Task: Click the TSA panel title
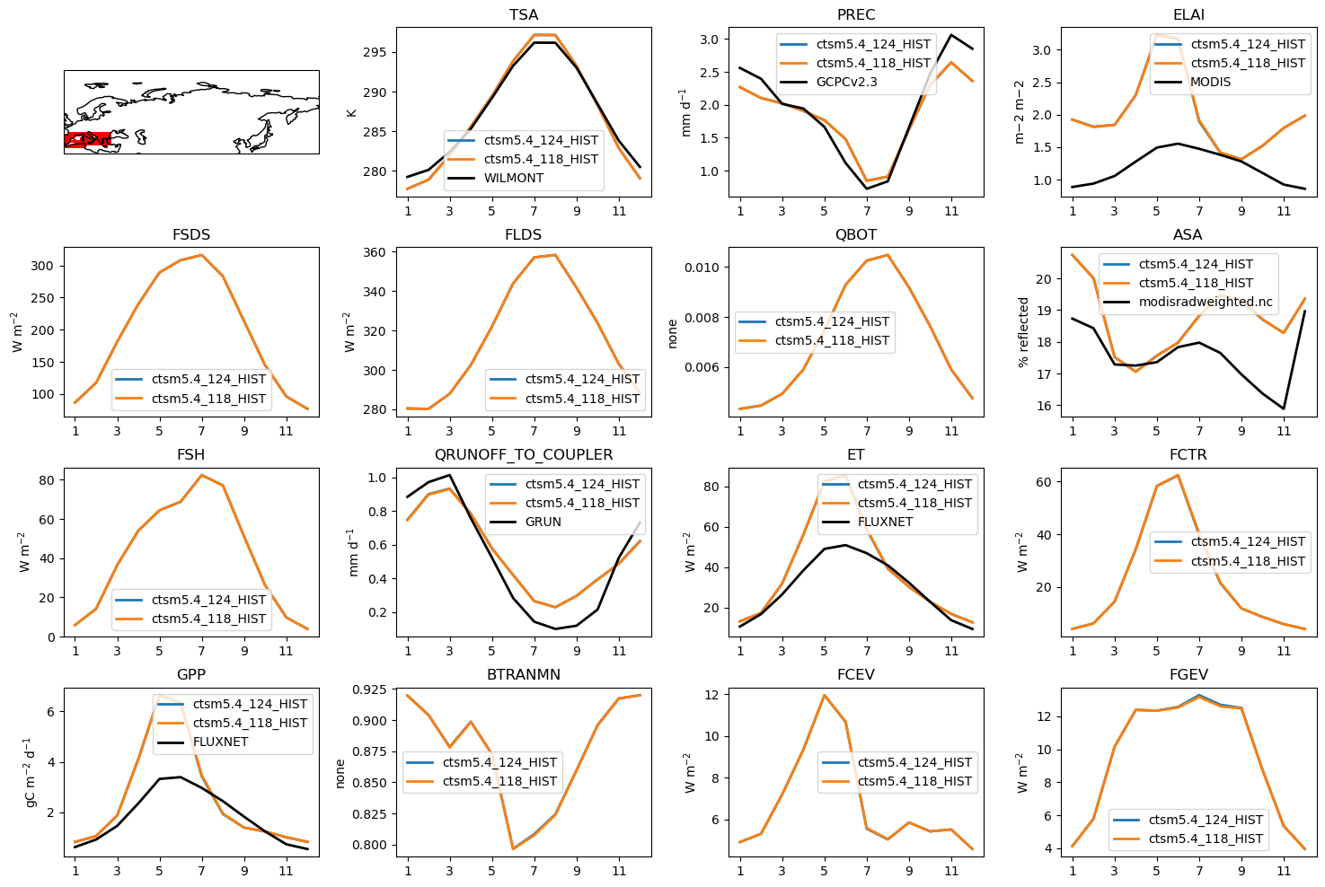(523, 15)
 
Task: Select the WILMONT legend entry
(513, 178)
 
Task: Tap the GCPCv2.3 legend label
(846, 82)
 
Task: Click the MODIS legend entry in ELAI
(1210, 82)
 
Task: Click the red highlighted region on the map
(87, 139)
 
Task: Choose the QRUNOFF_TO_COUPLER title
(523, 455)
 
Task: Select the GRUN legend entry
(543, 522)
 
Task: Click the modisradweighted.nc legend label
(1205, 302)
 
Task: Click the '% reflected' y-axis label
(1023, 332)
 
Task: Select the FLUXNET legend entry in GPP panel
(220, 742)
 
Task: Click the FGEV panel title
(1188, 675)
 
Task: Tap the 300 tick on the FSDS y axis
(43, 266)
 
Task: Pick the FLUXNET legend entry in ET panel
(885, 522)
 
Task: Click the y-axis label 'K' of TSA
(352, 112)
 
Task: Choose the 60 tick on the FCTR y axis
(1044, 482)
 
